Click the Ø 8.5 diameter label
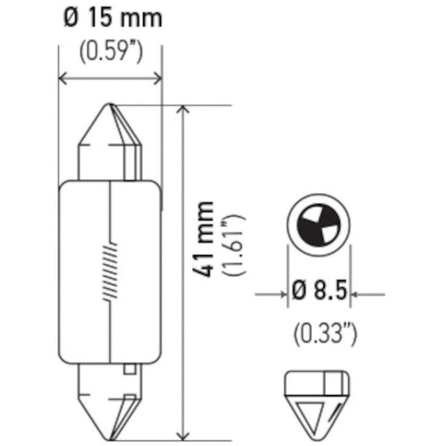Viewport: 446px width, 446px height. pos(319,291)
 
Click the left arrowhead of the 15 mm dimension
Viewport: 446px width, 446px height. pos(62,77)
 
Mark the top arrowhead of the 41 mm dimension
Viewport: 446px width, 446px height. pos(183,110)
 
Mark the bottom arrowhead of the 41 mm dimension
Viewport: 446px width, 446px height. pos(183,435)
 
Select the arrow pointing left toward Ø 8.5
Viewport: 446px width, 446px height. pos(357,295)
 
